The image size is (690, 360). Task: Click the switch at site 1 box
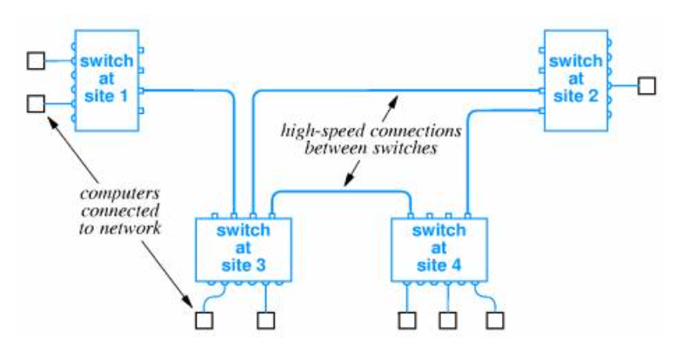[107, 81]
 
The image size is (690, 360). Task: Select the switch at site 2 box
[576, 81]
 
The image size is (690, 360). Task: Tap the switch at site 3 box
[244, 250]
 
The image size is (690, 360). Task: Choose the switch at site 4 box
[439, 250]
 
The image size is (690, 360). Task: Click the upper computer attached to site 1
[36, 61]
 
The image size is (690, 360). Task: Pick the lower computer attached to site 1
[36, 103]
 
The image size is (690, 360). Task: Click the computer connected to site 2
[646, 85]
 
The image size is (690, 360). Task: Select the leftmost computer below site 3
[204, 321]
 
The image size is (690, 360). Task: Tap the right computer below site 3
[265, 321]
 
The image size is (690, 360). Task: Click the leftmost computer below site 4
[407, 321]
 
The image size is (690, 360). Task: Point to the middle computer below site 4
[447, 321]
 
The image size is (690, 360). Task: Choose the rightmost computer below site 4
[495, 321]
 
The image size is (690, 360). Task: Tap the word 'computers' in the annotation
[120, 193]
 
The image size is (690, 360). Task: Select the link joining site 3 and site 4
[341, 191]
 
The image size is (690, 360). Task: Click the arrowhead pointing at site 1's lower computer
[52, 121]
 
